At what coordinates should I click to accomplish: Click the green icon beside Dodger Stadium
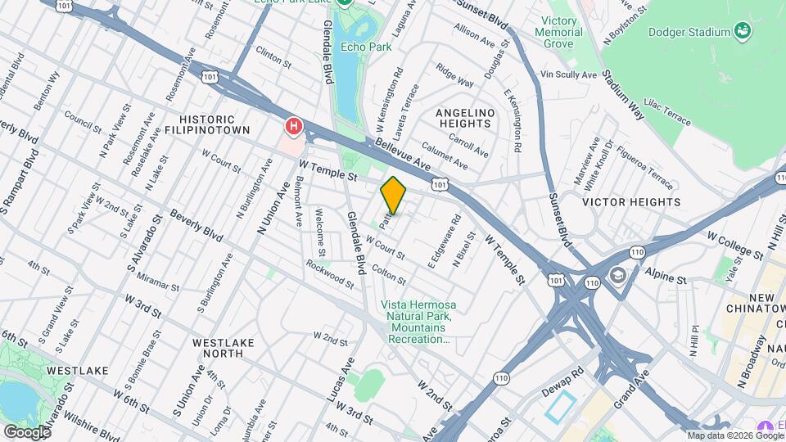[x=743, y=32]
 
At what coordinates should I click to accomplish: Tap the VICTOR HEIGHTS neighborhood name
[x=631, y=201]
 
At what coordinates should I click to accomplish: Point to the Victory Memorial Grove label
[x=562, y=33]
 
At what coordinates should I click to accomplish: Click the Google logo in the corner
[x=27, y=431]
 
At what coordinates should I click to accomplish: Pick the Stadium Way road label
[x=623, y=94]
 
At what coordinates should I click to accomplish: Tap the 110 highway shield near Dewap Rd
[x=502, y=377]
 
